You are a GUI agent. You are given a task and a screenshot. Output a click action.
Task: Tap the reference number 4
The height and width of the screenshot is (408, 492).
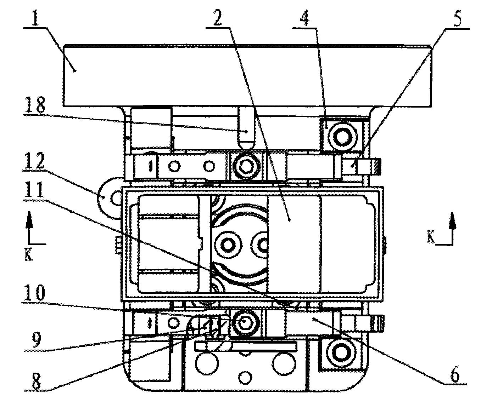(304, 16)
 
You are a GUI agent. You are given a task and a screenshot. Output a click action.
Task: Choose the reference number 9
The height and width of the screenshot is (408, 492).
(36, 340)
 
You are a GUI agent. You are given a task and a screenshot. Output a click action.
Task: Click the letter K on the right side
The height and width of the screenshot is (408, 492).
(431, 238)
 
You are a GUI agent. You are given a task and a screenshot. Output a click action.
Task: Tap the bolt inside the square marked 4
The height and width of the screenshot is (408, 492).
(342, 136)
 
